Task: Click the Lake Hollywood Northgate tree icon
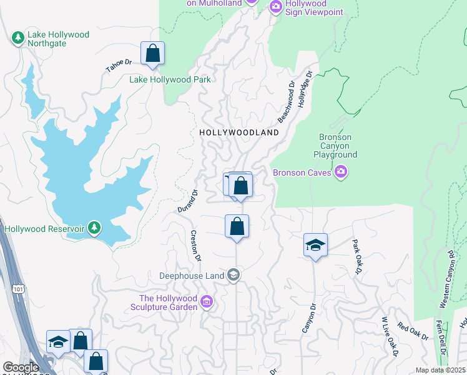(x=18, y=39)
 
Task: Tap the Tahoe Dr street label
(x=119, y=66)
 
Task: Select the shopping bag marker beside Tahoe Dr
(x=152, y=54)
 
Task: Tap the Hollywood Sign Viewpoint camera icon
(x=275, y=6)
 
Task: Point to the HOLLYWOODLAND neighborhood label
(x=239, y=133)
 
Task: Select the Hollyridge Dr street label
(x=304, y=89)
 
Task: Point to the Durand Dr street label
(x=185, y=201)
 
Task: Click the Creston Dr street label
(x=195, y=246)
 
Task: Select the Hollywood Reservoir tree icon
(x=94, y=228)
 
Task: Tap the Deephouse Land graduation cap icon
(x=234, y=275)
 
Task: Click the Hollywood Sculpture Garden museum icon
(x=207, y=303)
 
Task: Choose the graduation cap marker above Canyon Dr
(x=315, y=246)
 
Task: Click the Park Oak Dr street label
(x=357, y=254)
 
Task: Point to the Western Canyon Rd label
(x=446, y=279)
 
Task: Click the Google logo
(x=20, y=367)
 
